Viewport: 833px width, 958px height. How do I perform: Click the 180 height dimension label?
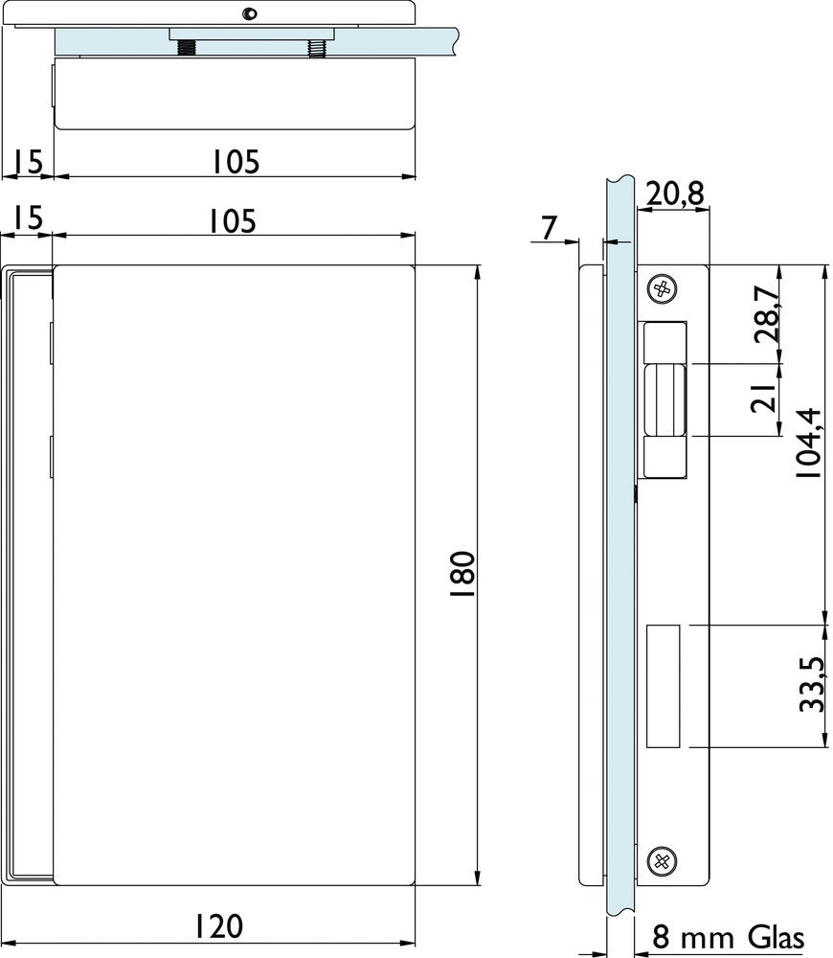click(462, 574)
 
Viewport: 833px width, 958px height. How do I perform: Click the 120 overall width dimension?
click(218, 926)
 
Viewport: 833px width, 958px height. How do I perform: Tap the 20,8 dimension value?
click(675, 194)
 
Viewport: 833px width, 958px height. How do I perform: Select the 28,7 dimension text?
click(767, 314)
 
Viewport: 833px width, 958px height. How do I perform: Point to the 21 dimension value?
click(763, 399)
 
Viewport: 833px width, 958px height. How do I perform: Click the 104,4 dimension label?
click(808, 443)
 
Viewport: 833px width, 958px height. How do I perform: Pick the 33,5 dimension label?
click(813, 685)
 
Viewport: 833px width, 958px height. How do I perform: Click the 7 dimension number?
click(549, 229)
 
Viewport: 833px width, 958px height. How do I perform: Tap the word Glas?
click(777, 937)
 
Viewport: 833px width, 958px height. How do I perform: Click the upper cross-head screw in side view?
click(662, 288)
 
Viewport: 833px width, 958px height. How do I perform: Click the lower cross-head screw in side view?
click(662, 861)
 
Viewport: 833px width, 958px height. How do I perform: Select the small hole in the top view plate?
click(249, 13)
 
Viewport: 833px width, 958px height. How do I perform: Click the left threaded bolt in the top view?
click(187, 48)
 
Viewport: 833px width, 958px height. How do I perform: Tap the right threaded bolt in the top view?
click(317, 48)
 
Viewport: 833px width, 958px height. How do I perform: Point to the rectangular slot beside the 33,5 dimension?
click(663, 686)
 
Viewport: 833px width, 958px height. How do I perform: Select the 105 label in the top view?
click(236, 162)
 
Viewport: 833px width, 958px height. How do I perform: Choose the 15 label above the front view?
click(29, 218)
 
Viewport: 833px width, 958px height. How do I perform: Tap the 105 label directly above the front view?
click(233, 221)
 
